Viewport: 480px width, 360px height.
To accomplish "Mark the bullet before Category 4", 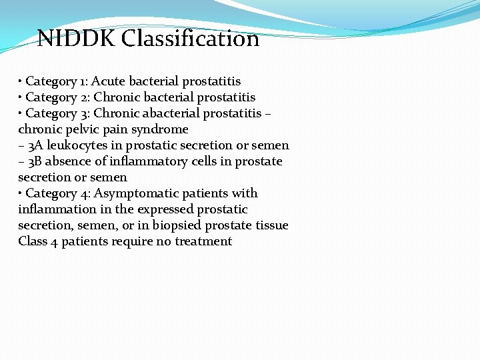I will click(21, 193).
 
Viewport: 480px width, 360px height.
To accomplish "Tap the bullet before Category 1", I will click(21, 81).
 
